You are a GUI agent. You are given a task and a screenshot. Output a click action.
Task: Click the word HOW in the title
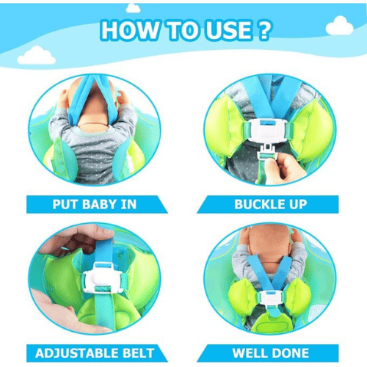130,30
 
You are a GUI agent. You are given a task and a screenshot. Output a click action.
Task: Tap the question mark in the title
264,30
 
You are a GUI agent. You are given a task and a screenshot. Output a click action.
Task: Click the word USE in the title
229,30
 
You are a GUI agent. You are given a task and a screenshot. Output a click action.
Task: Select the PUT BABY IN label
95,204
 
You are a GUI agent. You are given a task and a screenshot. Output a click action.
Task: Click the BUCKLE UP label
271,204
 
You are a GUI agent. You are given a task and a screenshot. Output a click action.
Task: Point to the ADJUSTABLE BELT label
95,353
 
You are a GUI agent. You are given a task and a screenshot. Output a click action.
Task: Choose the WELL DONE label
271,353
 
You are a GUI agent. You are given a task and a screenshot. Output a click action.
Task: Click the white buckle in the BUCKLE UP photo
267,131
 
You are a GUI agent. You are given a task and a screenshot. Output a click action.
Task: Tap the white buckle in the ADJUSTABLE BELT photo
103,277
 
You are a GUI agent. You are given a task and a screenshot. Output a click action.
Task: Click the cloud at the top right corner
340,26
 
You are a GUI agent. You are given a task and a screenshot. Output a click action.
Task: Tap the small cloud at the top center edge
133,8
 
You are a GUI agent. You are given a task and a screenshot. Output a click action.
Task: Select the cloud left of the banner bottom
37,56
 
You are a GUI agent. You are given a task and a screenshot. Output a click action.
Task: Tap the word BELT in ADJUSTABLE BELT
138,353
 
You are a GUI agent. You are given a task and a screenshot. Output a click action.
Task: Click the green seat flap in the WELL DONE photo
271,323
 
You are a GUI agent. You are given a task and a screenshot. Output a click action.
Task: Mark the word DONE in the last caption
290,353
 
